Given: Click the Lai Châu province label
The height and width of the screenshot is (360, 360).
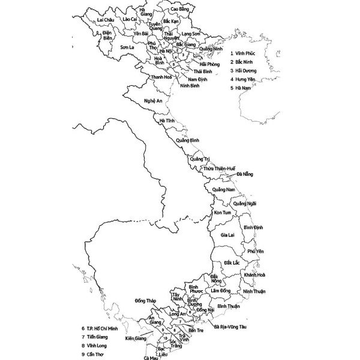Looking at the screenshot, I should coord(105,20).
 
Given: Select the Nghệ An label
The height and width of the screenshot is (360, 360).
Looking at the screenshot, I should coord(153,101).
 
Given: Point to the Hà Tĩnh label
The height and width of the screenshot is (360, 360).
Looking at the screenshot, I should coord(166,121).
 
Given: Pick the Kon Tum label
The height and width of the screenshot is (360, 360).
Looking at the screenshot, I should coord(222,213).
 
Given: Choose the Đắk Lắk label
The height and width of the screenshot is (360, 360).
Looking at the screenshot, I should coord(232,263).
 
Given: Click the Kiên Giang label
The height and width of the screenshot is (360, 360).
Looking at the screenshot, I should coord(136,338).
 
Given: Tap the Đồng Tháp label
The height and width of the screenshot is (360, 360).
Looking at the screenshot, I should coord(146,300).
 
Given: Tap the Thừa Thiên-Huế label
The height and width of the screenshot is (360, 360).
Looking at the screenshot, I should coord(219,169).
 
